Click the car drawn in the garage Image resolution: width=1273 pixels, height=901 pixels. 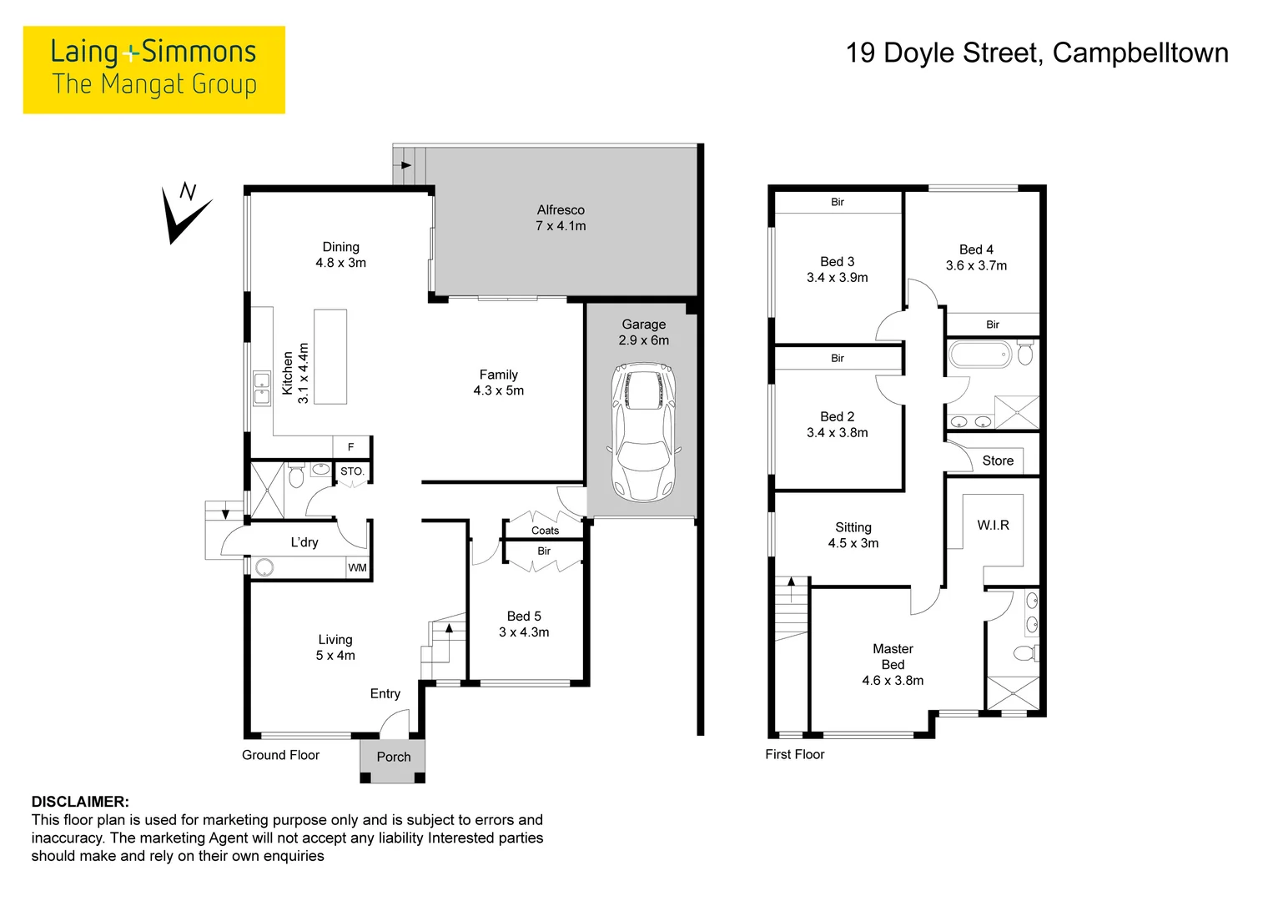[x=642, y=431]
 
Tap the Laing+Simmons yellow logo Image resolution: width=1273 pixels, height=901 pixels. [x=154, y=69]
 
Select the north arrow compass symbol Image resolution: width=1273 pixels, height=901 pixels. [x=186, y=214]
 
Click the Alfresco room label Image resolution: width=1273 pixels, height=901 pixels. [x=561, y=210]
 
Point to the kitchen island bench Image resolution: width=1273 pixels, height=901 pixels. [x=330, y=356]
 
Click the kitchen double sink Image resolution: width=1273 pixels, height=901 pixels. [x=262, y=389]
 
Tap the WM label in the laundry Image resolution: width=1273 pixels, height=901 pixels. [x=357, y=568]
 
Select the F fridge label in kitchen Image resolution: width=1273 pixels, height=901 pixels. [x=351, y=447]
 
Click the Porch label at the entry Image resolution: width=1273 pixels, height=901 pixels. [x=394, y=757]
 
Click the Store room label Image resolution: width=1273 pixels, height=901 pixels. [x=998, y=461]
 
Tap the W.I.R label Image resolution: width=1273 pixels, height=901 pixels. [x=993, y=525]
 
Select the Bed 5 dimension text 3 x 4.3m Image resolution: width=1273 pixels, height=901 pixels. [x=524, y=632]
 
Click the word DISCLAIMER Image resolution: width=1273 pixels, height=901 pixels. [x=80, y=802]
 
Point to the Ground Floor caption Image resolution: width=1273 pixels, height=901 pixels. [x=280, y=755]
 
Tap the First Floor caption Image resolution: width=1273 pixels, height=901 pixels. [x=794, y=754]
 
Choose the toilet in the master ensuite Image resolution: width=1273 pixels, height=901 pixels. [x=1024, y=652]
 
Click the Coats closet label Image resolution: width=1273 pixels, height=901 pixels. [x=545, y=531]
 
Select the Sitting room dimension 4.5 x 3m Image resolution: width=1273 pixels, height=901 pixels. [x=853, y=543]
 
